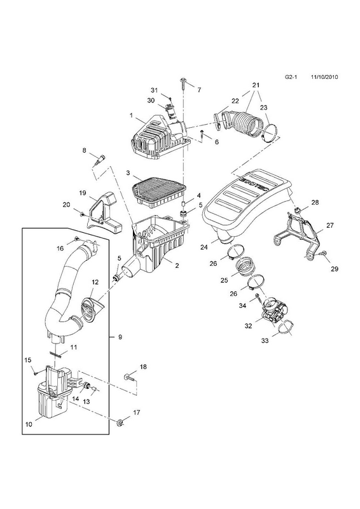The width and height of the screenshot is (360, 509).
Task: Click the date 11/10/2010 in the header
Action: coord(324,77)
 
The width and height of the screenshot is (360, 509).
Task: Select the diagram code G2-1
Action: coord(291,77)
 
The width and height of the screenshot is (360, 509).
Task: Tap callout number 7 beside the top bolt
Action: coord(199,90)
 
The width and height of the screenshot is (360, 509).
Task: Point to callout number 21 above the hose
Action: coord(256,85)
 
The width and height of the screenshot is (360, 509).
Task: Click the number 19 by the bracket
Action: coord(83,193)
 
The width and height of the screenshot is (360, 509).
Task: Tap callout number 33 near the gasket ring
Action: coord(265,341)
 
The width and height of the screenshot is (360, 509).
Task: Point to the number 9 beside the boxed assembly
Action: coord(120,337)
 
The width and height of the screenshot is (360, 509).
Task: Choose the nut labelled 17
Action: coord(120,422)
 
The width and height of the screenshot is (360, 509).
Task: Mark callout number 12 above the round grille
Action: coord(95,282)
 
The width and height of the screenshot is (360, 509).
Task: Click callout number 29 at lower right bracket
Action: coord(335,268)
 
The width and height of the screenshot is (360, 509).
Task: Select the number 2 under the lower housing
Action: coord(177,265)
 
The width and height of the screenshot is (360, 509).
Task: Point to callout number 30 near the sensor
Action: coord(151,101)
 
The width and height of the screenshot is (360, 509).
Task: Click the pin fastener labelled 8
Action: coord(99,161)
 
